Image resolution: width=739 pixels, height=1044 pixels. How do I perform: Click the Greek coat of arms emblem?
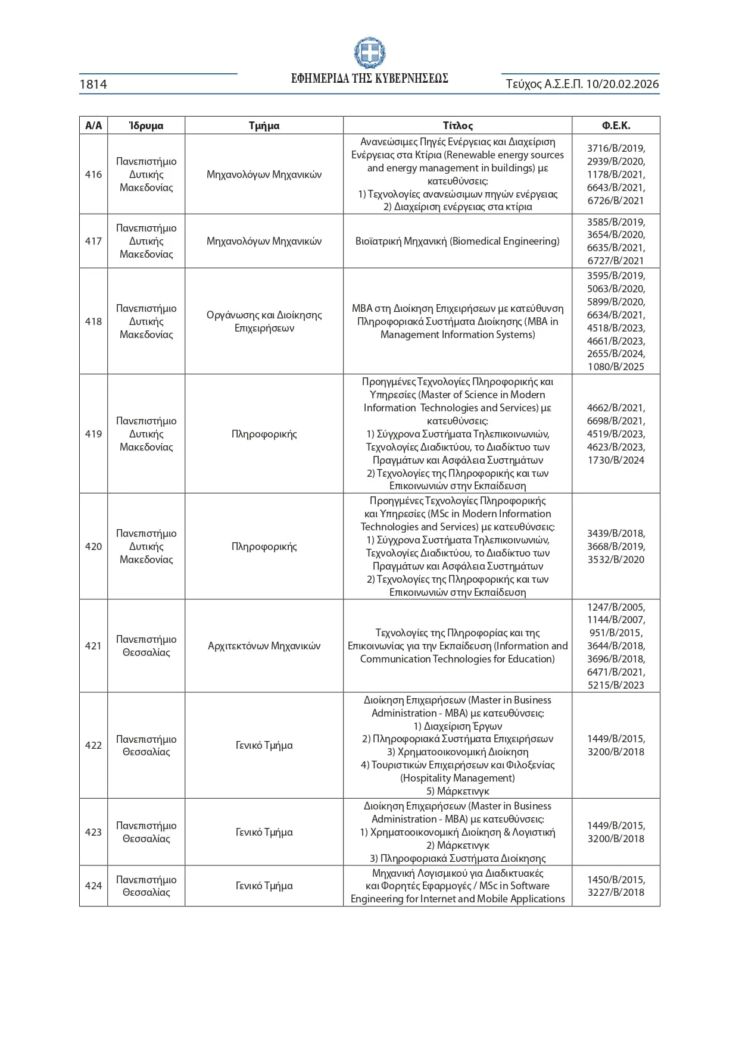pyautogui.click(x=369, y=54)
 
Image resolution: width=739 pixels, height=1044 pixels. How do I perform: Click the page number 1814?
pyautogui.click(x=93, y=85)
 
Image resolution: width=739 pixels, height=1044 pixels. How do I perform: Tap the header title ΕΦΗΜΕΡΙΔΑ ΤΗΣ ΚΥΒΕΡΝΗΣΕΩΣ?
pyautogui.click(x=369, y=79)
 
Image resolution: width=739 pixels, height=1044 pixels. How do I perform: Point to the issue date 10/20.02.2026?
pyautogui.click(x=622, y=84)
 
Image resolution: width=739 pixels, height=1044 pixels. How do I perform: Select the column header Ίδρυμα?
pyautogui.click(x=146, y=126)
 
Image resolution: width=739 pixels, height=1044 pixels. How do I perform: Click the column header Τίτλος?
pyautogui.click(x=457, y=126)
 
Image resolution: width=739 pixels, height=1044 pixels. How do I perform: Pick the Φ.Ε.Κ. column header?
pyautogui.click(x=616, y=126)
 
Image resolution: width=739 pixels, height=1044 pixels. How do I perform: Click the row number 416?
pyautogui.click(x=93, y=174)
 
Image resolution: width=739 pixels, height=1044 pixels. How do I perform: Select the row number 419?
pyautogui.click(x=93, y=434)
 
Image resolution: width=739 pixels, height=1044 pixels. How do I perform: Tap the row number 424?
pyautogui.click(x=93, y=886)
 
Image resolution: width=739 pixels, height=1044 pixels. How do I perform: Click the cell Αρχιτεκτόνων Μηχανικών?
pyautogui.click(x=264, y=646)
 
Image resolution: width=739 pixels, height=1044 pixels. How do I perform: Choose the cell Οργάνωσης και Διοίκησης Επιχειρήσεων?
pyautogui.click(x=264, y=321)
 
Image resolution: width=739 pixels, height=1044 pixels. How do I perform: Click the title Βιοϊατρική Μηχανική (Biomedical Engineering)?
pyautogui.click(x=457, y=241)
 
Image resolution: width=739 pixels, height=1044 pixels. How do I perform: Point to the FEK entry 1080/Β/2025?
pyautogui.click(x=616, y=367)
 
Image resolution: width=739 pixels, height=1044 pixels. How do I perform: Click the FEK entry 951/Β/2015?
pyautogui.click(x=616, y=633)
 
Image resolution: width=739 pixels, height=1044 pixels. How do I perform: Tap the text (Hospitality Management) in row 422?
pyautogui.click(x=457, y=778)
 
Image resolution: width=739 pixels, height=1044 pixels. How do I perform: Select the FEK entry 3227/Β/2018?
pyautogui.click(x=616, y=892)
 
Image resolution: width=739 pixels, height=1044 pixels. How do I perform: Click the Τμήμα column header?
pyautogui.click(x=264, y=126)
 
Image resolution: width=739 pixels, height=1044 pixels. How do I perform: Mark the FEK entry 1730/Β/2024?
pyautogui.click(x=616, y=460)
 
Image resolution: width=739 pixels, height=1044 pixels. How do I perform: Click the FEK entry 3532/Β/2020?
pyautogui.click(x=616, y=559)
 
